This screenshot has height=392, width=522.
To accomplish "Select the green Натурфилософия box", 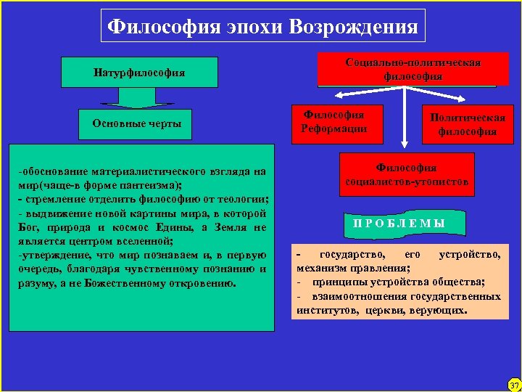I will [x=138, y=73].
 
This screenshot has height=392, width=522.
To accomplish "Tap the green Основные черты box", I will [x=136, y=123].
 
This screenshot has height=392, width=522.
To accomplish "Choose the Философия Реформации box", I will [x=334, y=121].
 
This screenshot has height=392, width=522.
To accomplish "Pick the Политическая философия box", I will [x=467, y=124].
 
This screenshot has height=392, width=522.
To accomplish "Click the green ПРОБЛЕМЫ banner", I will [x=399, y=222].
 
